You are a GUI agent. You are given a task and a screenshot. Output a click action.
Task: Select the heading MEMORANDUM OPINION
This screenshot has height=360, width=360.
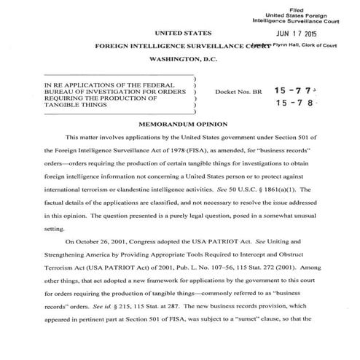coord(179,124)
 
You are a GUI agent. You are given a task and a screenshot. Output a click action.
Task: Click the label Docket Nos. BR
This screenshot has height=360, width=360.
coord(235,92)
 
